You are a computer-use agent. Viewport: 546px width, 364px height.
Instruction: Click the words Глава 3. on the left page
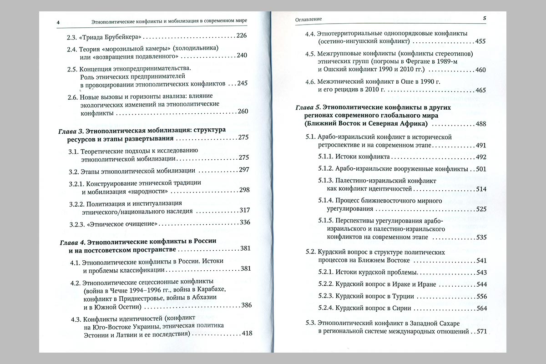(71, 131)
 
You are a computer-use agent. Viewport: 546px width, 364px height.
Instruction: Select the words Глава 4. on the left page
(72, 241)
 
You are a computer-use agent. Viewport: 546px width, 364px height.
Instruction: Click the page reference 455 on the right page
(480, 42)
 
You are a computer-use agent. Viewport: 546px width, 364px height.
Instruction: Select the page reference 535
(481, 237)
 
